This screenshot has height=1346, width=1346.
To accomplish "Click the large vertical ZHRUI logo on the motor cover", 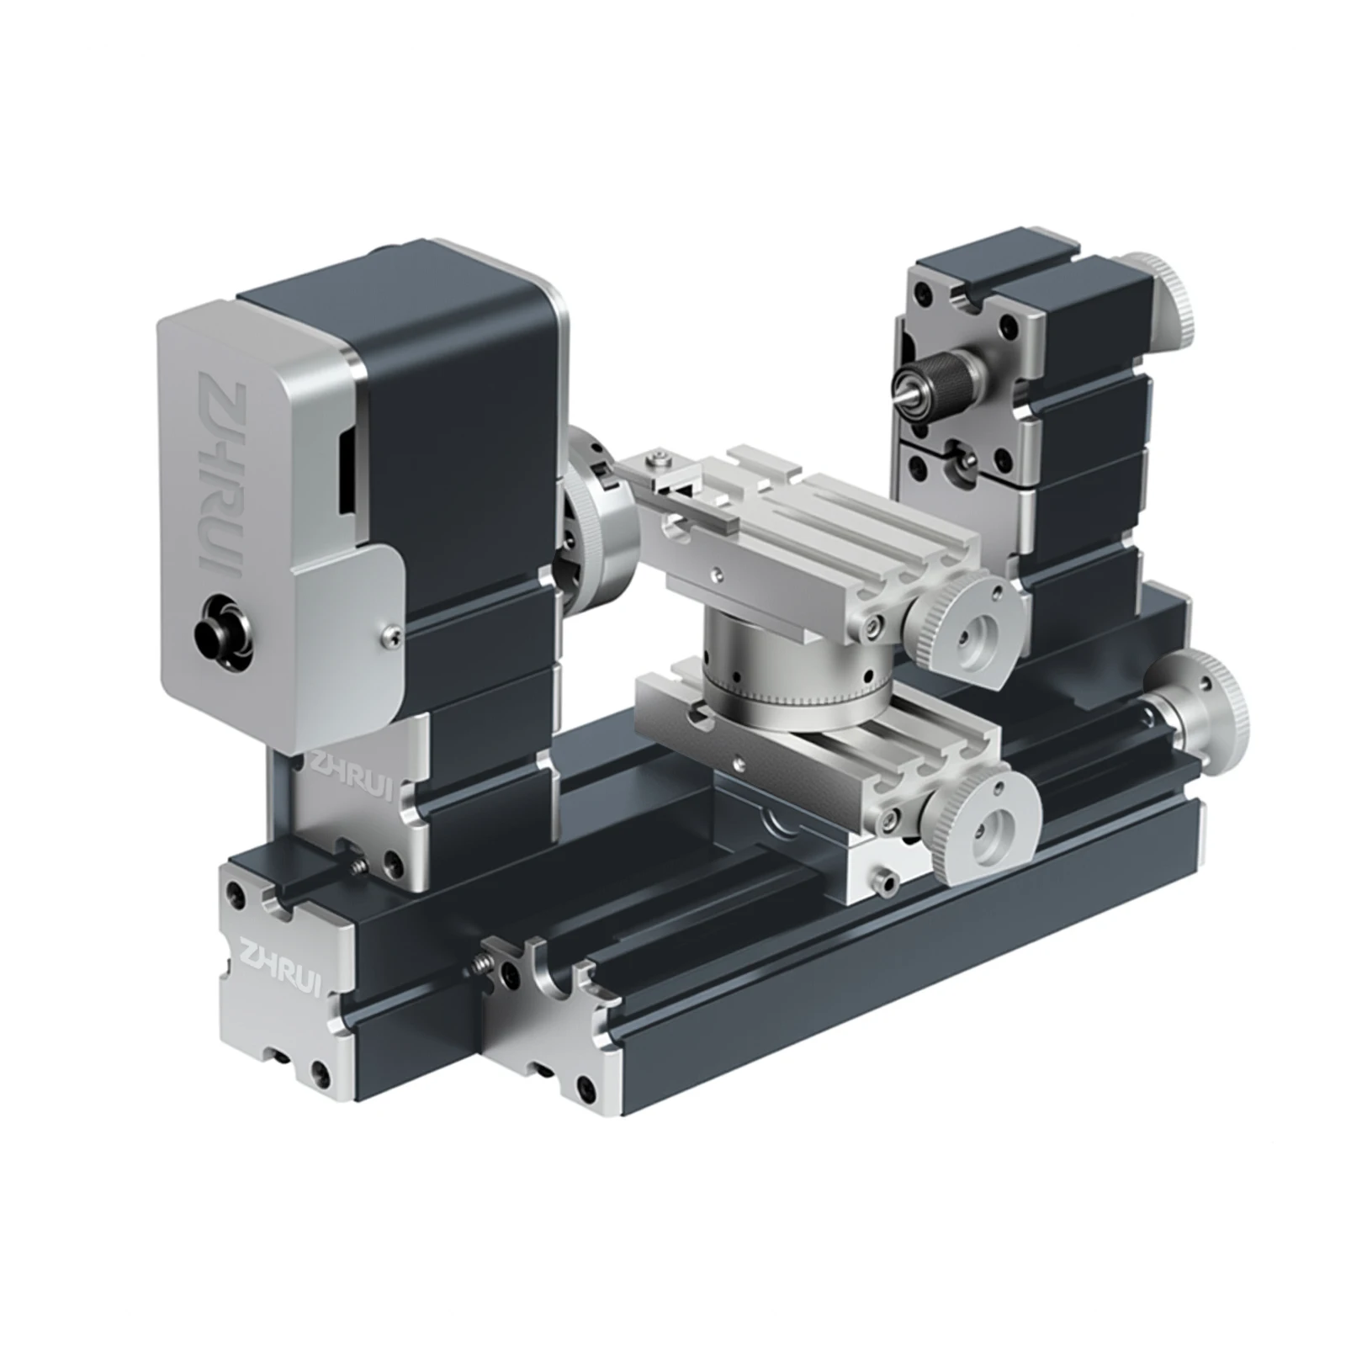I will click(x=220, y=480).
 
